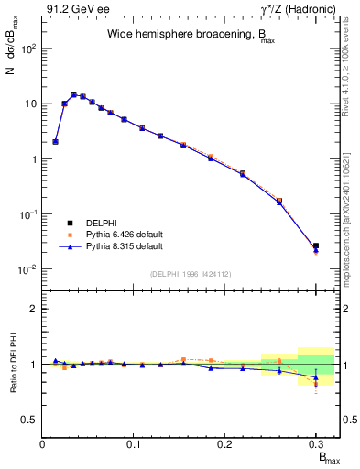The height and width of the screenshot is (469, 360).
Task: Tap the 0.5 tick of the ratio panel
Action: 29,420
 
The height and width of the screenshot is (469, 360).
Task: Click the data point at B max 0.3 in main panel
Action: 316,246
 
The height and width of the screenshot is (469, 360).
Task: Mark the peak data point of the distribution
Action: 73,94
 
